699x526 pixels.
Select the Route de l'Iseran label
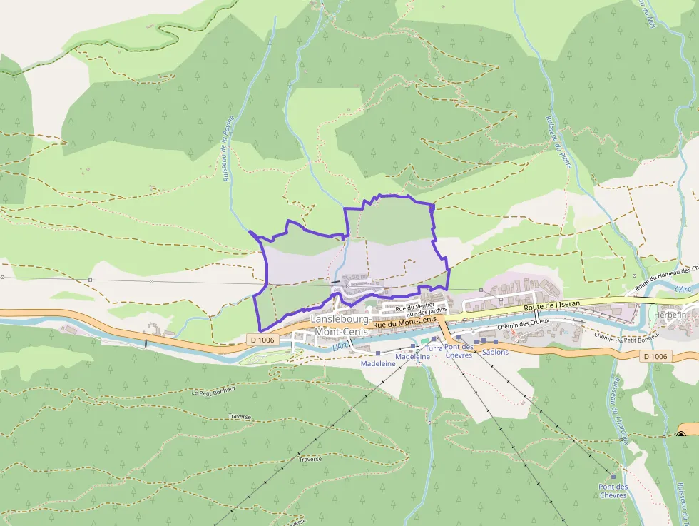tap(553, 306)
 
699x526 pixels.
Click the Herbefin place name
tap(670, 315)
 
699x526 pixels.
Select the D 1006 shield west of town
tap(262, 340)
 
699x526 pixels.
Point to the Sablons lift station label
tap(495, 352)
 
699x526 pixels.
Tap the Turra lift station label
tap(433, 348)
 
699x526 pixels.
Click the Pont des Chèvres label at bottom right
tap(613, 491)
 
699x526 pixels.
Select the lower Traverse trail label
tap(310, 459)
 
